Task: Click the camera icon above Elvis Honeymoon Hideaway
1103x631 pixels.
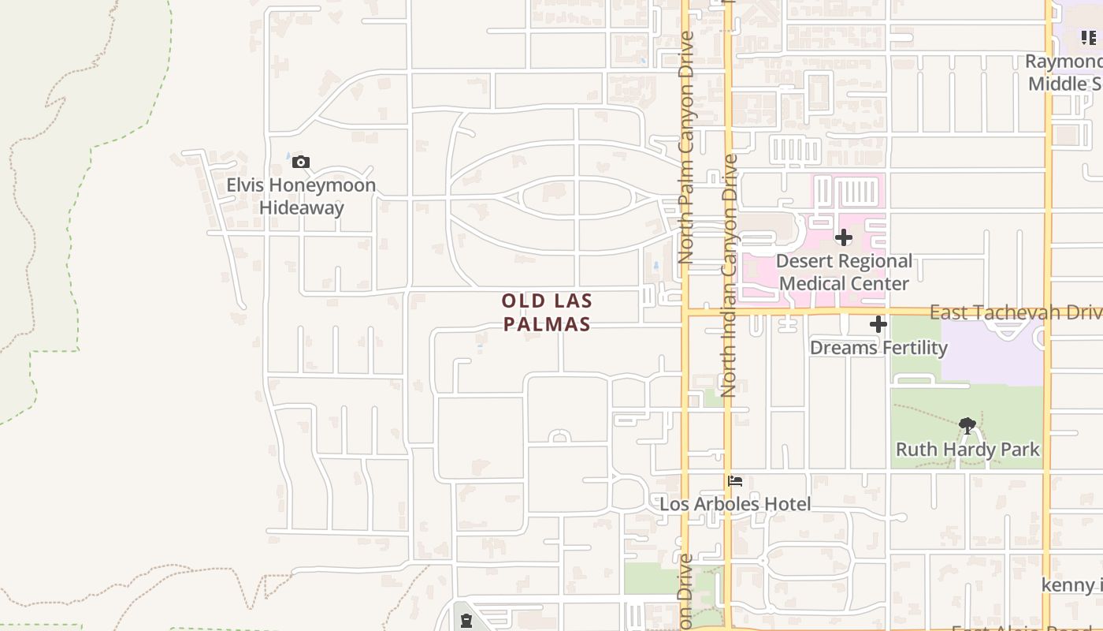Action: tap(300, 162)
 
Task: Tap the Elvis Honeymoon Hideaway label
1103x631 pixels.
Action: tap(301, 196)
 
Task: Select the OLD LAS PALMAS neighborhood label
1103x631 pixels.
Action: tap(547, 312)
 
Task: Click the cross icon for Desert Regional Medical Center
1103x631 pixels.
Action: tap(844, 237)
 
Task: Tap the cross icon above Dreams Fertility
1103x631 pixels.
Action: tap(878, 324)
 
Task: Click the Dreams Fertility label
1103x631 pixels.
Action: tap(878, 348)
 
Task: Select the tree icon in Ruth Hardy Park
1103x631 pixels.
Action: tap(967, 427)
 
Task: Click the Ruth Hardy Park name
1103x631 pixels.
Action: tap(967, 450)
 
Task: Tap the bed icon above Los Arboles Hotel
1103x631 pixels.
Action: tap(736, 480)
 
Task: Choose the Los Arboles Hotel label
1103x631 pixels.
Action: tap(735, 504)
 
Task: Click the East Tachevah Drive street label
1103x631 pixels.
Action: tap(1016, 312)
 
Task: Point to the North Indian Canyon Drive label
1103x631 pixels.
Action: tap(729, 275)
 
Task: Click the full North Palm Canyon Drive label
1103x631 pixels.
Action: tap(685, 147)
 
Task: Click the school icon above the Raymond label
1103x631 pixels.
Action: tap(1088, 37)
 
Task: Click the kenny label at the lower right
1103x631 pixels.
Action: tap(1071, 584)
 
